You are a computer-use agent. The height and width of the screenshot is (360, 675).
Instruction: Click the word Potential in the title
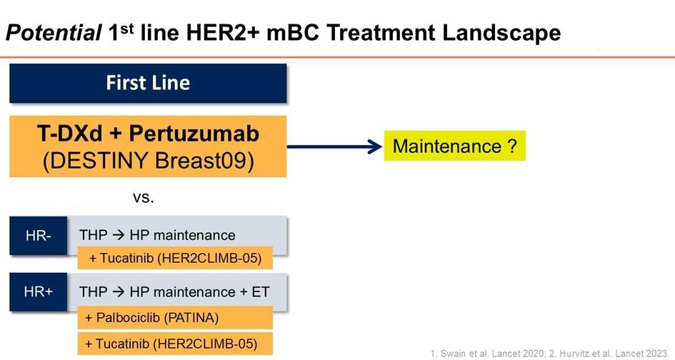54,33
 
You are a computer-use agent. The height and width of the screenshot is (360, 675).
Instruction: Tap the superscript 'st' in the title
127,28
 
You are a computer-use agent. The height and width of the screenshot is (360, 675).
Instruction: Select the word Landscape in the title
501,33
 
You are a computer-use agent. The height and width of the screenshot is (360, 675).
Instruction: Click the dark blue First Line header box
148,83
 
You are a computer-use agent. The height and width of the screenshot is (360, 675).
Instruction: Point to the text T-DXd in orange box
70,133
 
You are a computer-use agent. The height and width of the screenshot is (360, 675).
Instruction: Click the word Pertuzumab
194,133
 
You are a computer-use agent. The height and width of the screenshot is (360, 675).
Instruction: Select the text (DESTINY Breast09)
148,161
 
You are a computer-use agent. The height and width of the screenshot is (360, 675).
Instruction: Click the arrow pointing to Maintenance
334,146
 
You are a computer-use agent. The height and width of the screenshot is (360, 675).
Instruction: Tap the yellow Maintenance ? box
454,146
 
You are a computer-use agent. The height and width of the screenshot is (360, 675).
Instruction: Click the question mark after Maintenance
512,146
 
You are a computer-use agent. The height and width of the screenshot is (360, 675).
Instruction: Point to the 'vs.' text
144,198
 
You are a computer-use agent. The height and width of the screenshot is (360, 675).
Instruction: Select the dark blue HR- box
39,236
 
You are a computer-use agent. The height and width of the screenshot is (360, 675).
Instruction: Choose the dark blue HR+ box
39,292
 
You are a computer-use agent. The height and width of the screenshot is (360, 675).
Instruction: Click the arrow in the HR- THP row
119,235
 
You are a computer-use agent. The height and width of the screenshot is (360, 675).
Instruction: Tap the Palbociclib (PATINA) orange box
175,318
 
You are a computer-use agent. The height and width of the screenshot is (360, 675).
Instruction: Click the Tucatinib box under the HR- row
175,258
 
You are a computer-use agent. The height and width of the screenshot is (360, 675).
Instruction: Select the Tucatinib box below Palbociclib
175,344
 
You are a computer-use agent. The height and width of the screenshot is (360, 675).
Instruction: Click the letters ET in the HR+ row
261,292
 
